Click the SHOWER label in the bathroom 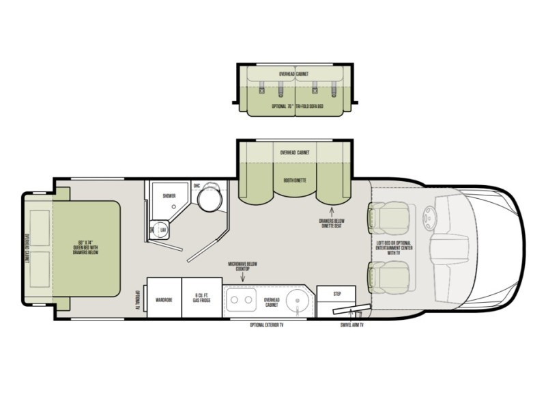(x=169, y=196)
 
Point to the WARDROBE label (x=164, y=299)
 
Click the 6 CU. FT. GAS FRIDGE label (x=201, y=299)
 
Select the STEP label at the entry (x=336, y=294)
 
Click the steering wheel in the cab (x=430, y=217)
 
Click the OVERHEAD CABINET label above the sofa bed (x=294, y=72)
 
